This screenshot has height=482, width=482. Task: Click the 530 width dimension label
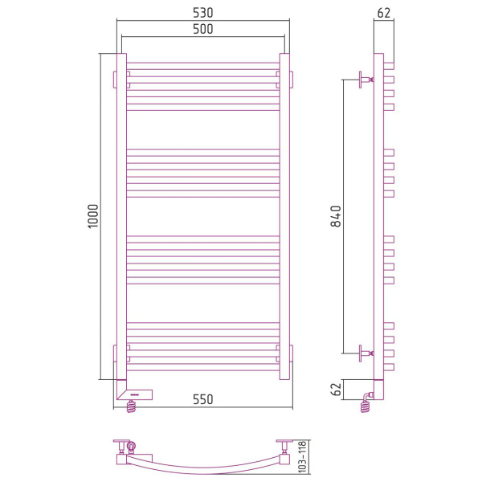203,13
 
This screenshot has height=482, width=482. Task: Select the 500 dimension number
203,29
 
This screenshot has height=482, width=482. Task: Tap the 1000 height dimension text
93,216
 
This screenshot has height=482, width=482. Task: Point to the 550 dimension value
203,399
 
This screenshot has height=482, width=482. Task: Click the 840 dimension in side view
336,216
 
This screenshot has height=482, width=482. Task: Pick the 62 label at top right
384,13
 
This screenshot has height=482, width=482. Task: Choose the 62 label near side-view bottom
336,390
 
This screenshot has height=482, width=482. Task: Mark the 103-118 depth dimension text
303,457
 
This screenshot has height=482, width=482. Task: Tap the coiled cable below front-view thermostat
131,406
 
